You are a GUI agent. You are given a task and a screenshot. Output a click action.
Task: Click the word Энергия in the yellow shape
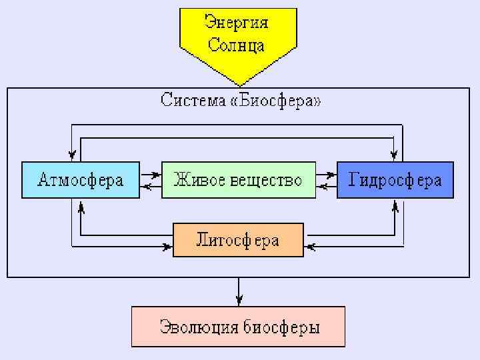point(237,23)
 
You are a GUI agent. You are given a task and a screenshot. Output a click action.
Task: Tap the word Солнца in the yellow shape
point(237,45)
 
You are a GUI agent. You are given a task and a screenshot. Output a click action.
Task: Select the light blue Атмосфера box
point(81,180)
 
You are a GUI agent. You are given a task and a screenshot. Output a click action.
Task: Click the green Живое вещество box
point(238,180)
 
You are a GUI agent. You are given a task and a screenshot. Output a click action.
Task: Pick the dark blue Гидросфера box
point(395,180)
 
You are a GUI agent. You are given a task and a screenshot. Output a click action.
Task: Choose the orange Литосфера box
point(238,240)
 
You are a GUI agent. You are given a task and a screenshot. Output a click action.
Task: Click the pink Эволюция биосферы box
point(238,327)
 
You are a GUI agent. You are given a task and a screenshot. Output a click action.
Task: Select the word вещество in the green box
point(266,180)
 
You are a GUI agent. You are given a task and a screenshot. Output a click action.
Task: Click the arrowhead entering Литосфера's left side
point(166,247)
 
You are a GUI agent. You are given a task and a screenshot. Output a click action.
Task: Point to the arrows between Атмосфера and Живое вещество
point(151,181)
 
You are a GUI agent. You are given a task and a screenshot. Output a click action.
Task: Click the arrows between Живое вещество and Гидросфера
point(326,181)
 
